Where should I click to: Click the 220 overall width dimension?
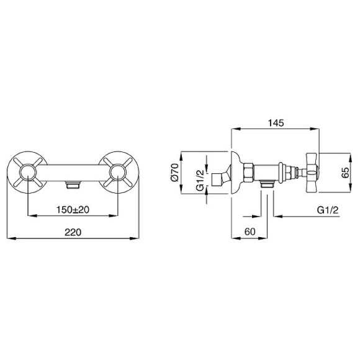pos(73,232)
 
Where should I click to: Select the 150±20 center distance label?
pos(73,209)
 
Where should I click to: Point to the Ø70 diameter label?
pos(174,173)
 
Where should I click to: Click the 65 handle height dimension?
pos(345,173)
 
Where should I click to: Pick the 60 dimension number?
pos(250,232)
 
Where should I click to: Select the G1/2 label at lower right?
pos(328,210)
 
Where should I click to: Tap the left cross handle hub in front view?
pos(27,173)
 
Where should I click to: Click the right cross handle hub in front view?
pos(118,173)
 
